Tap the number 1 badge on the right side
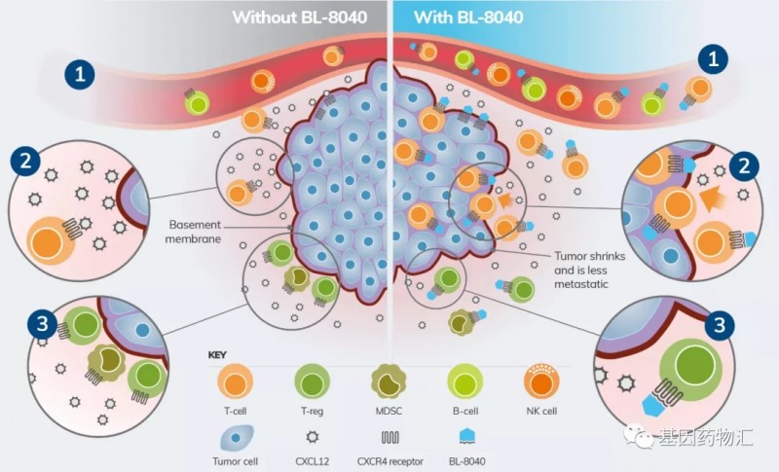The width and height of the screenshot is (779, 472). click(x=717, y=59)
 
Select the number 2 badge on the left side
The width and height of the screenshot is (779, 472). click(x=25, y=163)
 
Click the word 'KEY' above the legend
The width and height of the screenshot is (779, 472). click(x=218, y=354)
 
